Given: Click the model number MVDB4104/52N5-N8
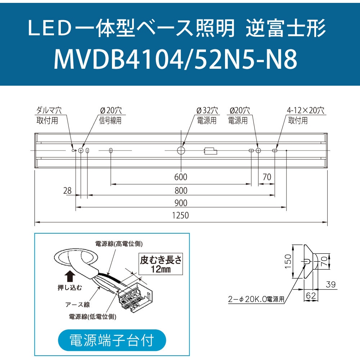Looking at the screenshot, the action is (176, 59).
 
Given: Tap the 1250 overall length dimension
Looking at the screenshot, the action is (180, 215).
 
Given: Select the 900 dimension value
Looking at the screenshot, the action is (181, 203).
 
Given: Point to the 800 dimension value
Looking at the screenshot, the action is (181, 190).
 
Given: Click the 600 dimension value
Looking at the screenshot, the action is (181, 177).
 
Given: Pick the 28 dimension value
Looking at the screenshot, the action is (67, 190).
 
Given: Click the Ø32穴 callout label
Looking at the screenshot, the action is (207, 111).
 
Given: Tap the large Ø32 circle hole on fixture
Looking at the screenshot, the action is (181, 150).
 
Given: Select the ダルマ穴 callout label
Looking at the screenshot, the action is (49, 111).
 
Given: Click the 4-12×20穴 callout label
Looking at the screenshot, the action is (306, 111).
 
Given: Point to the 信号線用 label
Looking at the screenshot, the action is (110, 121).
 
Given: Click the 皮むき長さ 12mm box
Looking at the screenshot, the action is (161, 264).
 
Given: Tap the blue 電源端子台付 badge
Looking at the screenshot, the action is (112, 340).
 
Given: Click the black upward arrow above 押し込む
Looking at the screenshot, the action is (70, 276).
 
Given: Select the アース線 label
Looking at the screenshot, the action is (78, 305).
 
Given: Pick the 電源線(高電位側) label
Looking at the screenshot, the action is (119, 244).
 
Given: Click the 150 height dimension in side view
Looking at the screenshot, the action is (288, 261).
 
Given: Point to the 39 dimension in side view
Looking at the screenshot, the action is (331, 284).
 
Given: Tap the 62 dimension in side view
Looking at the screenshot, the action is (311, 296).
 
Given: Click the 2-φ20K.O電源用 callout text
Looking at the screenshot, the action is (256, 299).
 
